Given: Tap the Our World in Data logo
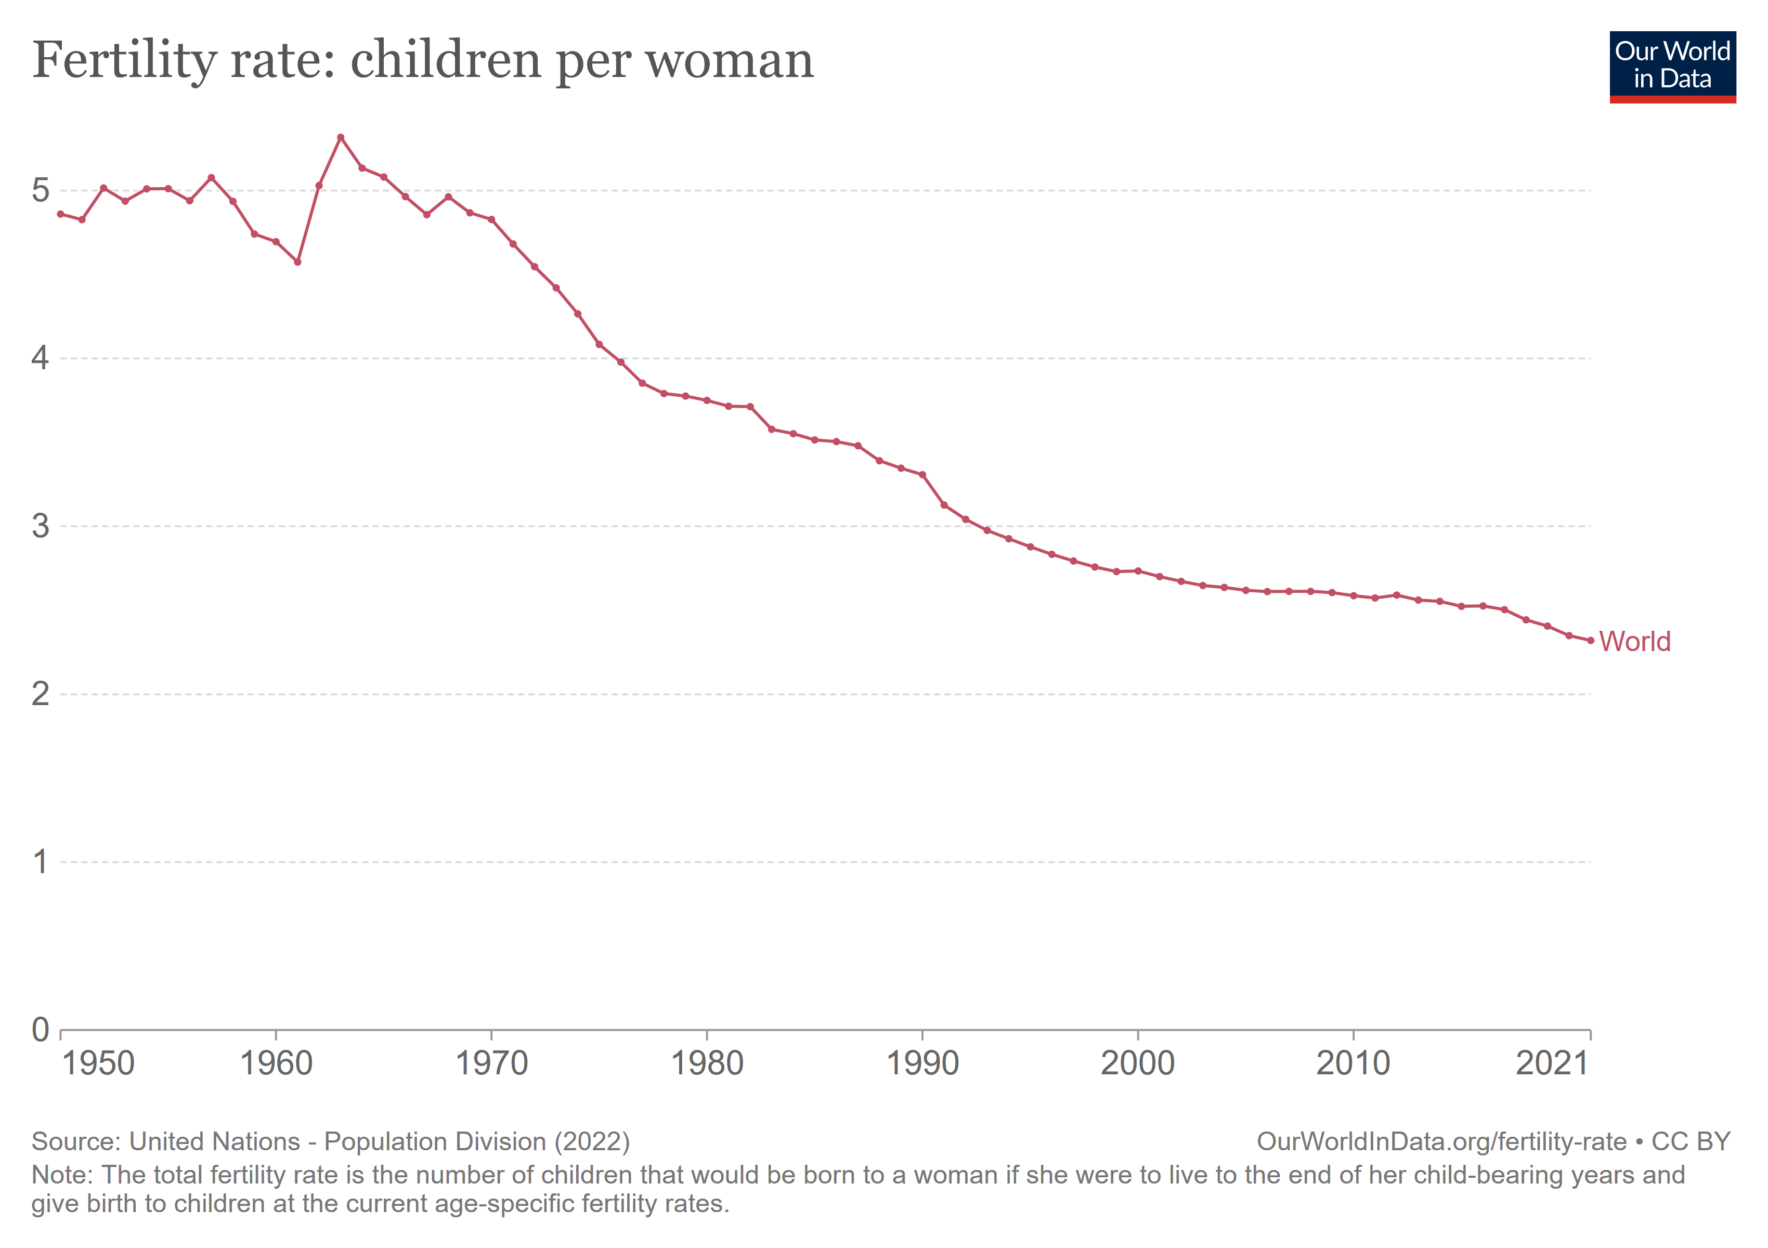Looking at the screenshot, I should coord(1672,66).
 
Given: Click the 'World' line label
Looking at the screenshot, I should coord(1634,641).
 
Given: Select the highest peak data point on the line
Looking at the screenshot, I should coord(341,138).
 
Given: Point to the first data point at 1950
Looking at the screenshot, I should coord(61,214).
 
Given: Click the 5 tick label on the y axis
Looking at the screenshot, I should coord(40,190).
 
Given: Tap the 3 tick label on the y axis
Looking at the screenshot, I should coord(40,527).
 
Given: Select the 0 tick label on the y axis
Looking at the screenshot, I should coord(40,1030).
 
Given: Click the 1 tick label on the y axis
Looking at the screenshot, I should coord(40,862).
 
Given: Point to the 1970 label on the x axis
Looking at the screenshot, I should coord(491,1064).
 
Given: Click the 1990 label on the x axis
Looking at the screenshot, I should coord(922,1064).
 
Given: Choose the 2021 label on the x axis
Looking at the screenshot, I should coord(1552,1064).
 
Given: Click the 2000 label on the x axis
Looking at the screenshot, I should coord(1137,1064).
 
